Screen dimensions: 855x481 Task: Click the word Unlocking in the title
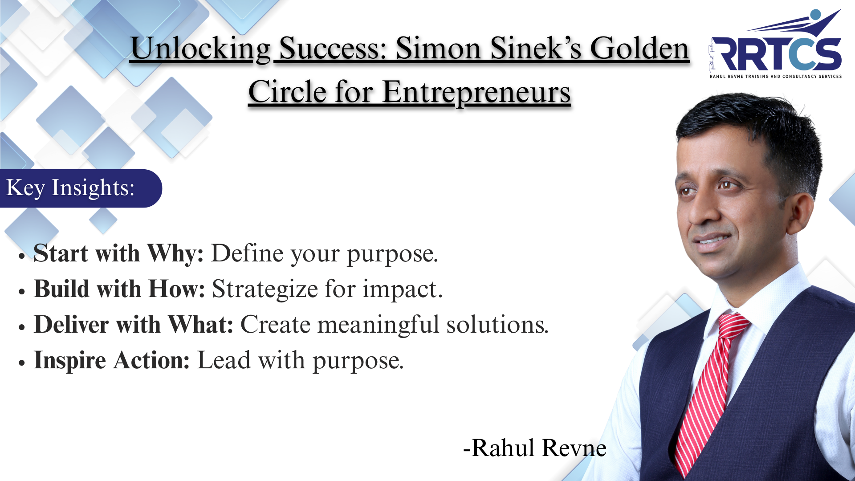(x=201, y=49)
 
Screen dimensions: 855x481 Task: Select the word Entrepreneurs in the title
(x=476, y=93)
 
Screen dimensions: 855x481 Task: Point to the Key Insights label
(x=70, y=188)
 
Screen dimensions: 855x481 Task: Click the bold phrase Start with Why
(x=118, y=253)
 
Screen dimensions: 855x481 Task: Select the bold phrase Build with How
(x=119, y=289)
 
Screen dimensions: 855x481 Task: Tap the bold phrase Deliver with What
(x=134, y=324)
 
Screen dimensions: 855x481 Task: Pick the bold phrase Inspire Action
(x=112, y=361)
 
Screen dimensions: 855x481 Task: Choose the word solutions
(x=497, y=325)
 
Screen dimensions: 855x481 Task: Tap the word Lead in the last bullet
(x=224, y=360)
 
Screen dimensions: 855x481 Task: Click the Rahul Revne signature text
(x=535, y=448)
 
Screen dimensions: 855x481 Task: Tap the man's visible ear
(x=799, y=214)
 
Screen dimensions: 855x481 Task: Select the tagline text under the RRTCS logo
(x=776, y=77)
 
